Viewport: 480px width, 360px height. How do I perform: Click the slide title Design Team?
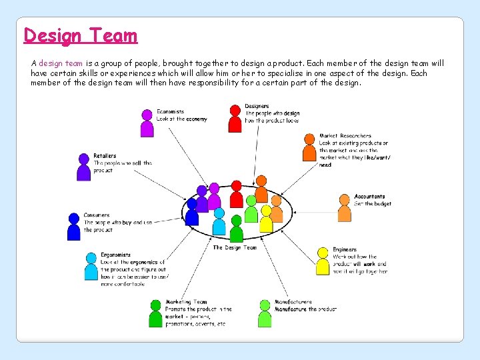point(80,35)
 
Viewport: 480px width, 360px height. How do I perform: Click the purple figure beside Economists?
point(147,124)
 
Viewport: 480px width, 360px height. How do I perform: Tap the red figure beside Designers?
point(235,119)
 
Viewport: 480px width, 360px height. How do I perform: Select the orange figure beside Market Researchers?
point(309,148)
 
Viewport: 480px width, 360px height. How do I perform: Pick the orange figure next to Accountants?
point(344,209)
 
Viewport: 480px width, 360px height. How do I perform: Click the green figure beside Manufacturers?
point(264,313)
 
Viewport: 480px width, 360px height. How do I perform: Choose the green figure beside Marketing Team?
point(155,314)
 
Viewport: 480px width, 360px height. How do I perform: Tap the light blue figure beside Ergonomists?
point(91,267)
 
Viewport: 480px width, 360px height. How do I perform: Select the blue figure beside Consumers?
point(74,227)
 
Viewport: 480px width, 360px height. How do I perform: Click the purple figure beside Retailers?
point(83,168)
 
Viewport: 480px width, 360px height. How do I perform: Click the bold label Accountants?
point(369,197)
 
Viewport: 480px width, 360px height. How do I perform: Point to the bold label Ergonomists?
point(116,255)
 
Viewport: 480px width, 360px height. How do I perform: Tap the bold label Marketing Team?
point(186,302)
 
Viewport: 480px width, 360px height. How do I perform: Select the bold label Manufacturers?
point(293,302)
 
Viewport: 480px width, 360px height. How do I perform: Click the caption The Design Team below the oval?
point(235,247)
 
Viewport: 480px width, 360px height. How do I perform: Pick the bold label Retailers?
point(105,156)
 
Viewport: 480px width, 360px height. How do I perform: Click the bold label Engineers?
point(345,249)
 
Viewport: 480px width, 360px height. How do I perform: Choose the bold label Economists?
point(171,111)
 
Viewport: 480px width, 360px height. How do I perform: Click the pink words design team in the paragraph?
point(60,63)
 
